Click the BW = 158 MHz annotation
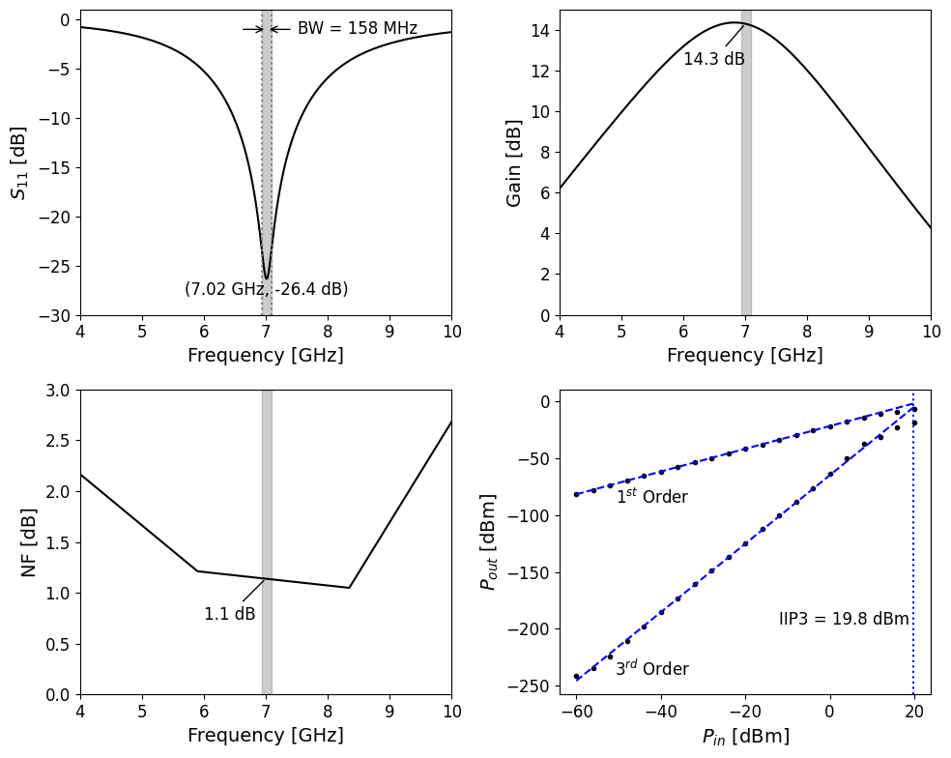coord(357,29)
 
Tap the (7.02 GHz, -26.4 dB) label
coord(266,289)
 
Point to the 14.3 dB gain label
coord(714,60)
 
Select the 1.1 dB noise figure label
coord(230,614)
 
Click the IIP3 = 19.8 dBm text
coord(844,620)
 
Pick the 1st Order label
coord(652,497)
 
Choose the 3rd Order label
coord(652,668)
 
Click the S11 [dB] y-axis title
coord(19,162)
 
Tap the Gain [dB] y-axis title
coord(514,162)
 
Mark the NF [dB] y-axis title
coord(29,542)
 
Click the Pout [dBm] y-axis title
coord(489,542)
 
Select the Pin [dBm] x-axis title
coord(745,737)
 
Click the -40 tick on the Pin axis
coord(661,712)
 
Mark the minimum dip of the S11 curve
coord(267,278)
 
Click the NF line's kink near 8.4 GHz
coord(349,588)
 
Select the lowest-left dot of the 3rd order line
coord(576,677)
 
